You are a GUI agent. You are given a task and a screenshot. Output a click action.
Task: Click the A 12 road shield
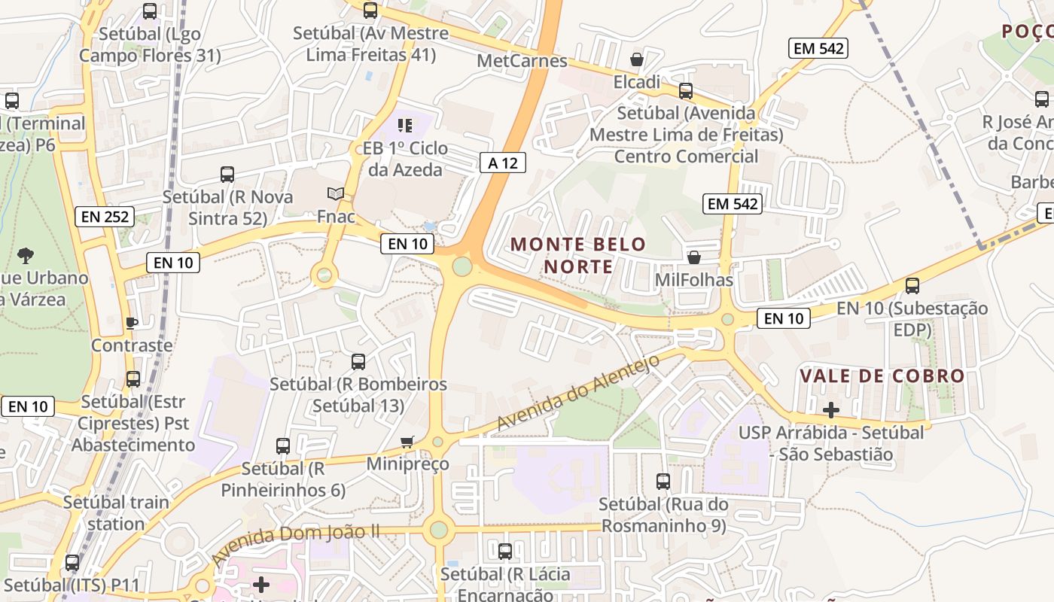503,162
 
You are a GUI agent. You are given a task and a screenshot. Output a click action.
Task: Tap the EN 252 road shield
105,217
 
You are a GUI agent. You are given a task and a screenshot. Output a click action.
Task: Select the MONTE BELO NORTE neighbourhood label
578,255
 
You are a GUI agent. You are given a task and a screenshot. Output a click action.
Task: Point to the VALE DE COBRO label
882,375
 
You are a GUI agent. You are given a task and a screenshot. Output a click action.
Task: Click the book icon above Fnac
336,194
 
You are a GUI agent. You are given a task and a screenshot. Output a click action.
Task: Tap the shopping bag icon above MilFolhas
694,257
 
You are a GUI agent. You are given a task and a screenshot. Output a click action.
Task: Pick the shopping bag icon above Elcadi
637,59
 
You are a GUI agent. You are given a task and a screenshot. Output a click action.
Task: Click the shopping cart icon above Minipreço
407,442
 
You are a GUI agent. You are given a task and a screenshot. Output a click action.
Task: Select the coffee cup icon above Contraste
132,324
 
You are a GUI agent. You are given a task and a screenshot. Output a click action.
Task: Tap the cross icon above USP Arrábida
831,410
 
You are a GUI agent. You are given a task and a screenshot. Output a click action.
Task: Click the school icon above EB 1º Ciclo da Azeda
405,126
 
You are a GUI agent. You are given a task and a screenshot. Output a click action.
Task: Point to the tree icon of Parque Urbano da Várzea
26,255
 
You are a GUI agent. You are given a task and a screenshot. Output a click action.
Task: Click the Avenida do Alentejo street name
578,393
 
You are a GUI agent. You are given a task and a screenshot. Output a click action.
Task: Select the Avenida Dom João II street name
295,544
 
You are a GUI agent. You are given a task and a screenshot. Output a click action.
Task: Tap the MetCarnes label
522,61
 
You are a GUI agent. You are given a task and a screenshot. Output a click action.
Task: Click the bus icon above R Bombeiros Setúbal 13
358,362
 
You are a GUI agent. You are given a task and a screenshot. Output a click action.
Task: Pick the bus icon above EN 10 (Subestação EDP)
912,286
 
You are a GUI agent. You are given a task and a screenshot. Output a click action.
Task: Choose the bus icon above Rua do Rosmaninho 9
663,482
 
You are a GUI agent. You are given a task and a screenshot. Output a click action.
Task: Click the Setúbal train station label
116,512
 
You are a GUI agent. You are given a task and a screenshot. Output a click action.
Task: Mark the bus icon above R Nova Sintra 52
227,175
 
